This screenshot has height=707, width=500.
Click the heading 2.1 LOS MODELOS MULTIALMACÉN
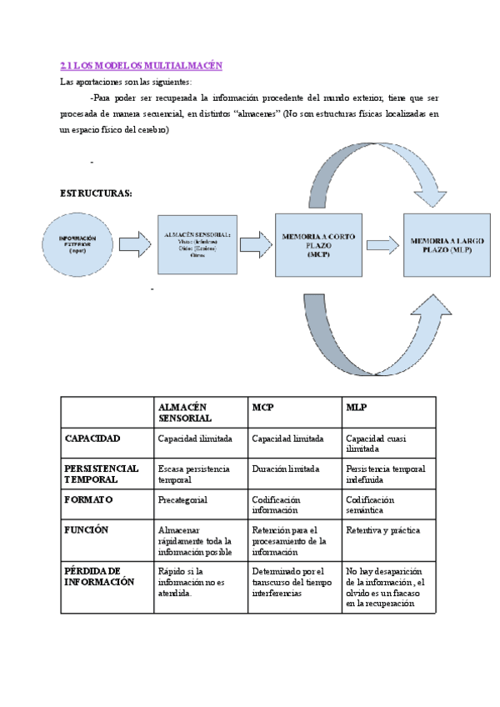(x=141, y=65)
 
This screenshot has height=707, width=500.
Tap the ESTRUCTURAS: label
(x=96, y=193)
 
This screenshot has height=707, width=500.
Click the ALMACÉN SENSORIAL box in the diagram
(x=197, y=243)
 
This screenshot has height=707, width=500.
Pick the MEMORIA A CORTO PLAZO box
(x=318, y=245)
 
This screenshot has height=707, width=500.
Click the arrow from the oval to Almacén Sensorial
(x=133, y=244)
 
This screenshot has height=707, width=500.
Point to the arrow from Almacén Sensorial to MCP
(x=256, y=244)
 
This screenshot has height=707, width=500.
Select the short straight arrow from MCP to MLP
(x=382, y=244)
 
